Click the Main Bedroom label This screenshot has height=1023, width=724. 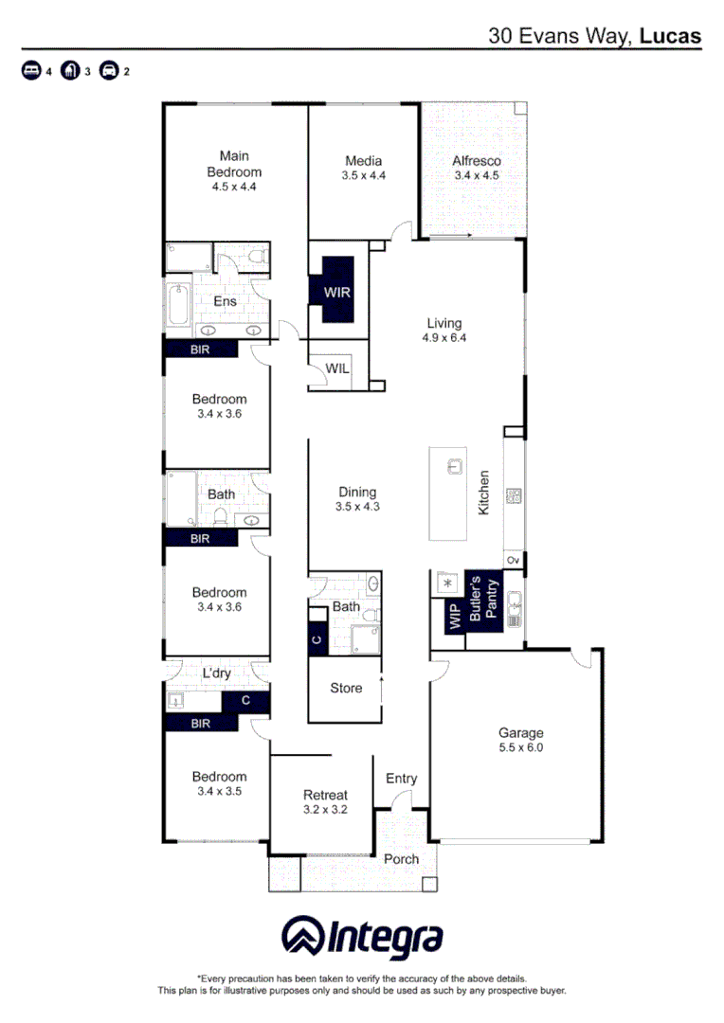[234, 164]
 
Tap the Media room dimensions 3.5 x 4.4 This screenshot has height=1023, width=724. [363, 175]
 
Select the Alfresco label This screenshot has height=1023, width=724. [476, 161]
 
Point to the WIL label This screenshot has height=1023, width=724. [337, 368]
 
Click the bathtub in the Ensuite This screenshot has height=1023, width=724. [178, 305]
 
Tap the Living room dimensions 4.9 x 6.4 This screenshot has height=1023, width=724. [444, 338]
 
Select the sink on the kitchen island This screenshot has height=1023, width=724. [454, 466]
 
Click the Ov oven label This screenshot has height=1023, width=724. [514, 562]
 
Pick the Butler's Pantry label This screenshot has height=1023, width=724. [483, 597]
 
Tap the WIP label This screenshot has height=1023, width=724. [453, 616]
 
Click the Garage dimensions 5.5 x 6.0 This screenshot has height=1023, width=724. [521, 747]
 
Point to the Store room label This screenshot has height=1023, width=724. [346, 688]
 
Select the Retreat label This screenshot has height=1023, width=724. [325, 795]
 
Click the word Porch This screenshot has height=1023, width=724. [401, 859]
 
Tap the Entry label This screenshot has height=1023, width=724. [401, 779]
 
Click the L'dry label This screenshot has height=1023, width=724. [217, 673]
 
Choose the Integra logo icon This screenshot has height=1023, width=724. [302, 936]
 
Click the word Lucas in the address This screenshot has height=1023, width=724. [670, 36]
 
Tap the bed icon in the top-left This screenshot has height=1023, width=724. [31, 71]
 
